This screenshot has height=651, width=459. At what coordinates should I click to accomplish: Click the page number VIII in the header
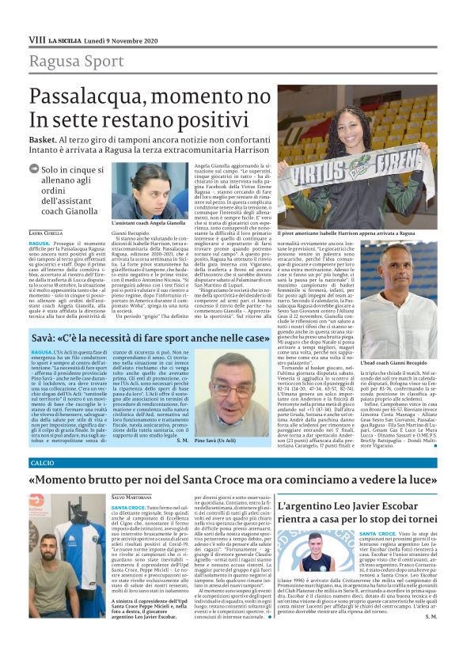[36, 39]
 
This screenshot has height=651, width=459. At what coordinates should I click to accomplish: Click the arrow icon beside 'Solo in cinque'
[33, 169]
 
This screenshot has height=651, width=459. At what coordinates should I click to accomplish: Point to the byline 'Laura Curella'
[45, 232]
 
